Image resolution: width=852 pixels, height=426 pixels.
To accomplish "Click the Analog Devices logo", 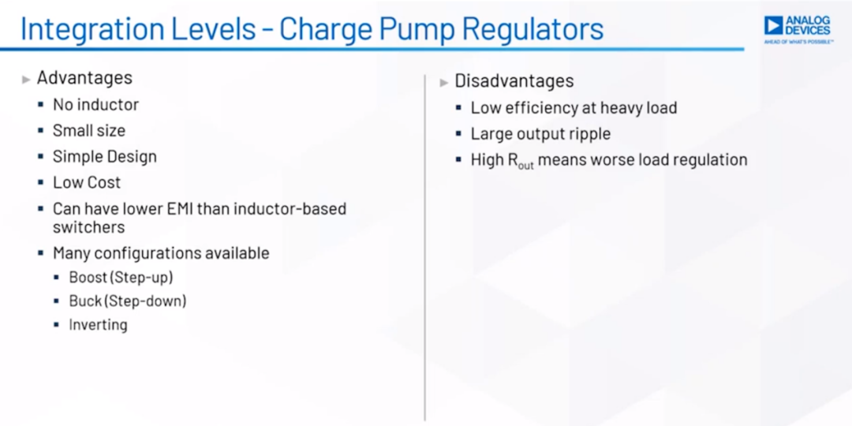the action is click(x=798, y=29).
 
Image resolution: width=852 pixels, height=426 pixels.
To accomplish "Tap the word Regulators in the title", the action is click(x=534, y=30).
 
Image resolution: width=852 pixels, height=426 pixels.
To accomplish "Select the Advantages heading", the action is click(x=84, y=77).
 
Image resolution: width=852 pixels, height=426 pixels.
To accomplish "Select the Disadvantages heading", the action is click(x=514, y=81).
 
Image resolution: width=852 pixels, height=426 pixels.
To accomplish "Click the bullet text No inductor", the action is click(x=95, y=104).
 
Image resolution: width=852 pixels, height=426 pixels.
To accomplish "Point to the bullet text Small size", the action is click(x=89, y=130).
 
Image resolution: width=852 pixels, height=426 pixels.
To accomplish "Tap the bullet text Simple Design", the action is click(x=105, y=157).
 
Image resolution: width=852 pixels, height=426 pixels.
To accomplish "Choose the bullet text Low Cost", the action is click(x=87, y=182).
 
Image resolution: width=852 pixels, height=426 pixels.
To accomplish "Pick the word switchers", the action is click(x=88, y=226).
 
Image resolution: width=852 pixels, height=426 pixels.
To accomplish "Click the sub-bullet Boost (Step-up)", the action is click(x=121, y=277).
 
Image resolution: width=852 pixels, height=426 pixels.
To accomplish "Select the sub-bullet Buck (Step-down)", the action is click(x=128, y=301).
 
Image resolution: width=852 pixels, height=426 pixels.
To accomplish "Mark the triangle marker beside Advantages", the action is click(x=26, y=80).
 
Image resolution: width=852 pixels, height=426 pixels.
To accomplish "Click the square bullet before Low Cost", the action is click(x=41, y=182).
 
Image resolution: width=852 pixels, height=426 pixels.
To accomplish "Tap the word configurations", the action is click(x=148, y=254).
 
